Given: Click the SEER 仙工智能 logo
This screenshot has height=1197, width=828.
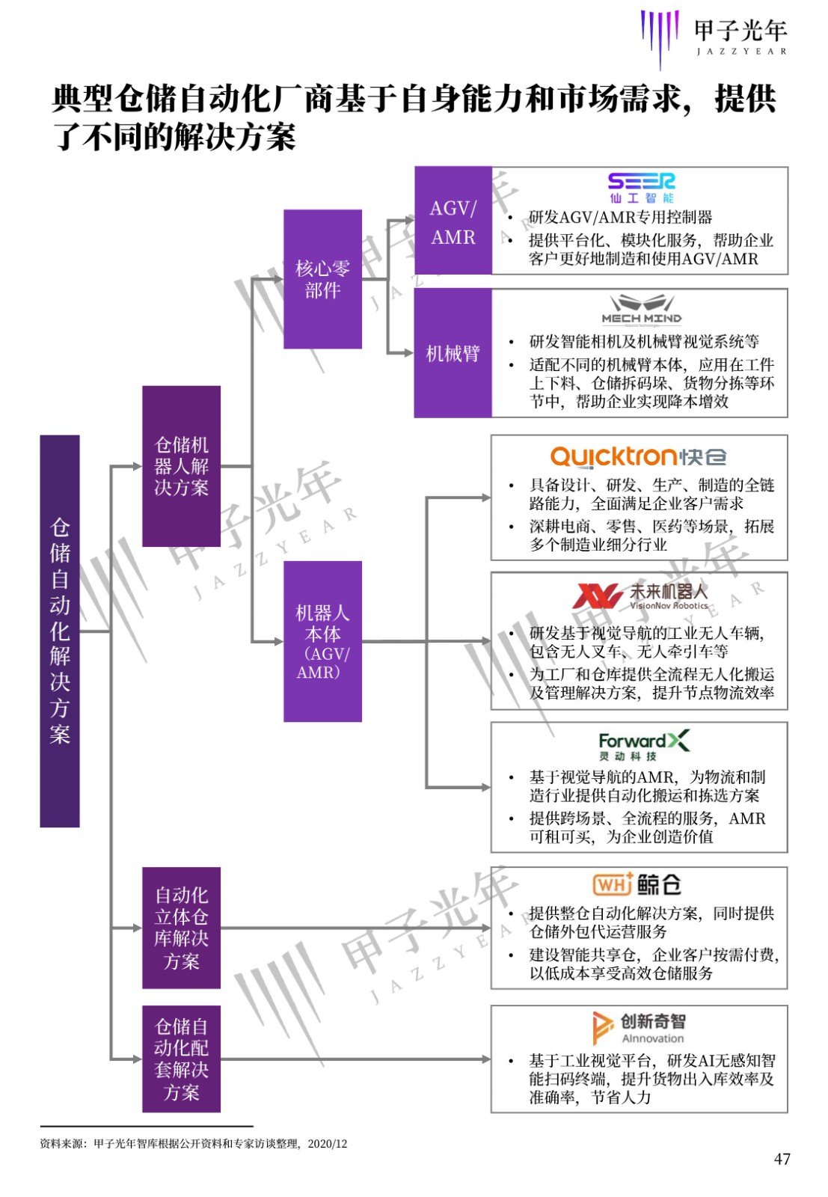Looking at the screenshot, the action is (x=641, y=188).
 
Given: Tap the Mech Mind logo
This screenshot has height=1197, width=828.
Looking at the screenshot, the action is (x=642, y=310).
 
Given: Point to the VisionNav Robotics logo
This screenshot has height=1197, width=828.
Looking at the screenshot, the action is (x=640, y=596).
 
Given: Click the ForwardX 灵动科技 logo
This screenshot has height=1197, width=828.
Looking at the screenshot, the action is (x=644, y=745).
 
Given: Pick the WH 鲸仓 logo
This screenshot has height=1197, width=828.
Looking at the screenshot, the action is (x=637, y=884).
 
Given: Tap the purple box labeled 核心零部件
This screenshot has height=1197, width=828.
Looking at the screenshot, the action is (x=322, y=279).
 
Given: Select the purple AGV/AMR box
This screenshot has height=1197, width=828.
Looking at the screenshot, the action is (x=453, y=221).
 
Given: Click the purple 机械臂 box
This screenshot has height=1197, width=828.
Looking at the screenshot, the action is (x=453, y=353).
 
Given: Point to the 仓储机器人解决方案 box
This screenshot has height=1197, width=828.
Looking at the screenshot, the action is (x=181, y=466).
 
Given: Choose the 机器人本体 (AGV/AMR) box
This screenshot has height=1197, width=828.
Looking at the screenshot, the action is (x=322, y=641).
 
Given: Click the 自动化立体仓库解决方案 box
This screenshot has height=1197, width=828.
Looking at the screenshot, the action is (x=181, y=928).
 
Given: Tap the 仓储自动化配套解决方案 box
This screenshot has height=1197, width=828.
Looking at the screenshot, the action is (x=181, y=1059).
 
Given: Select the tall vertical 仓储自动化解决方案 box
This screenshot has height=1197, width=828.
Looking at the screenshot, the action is (x=60, y=631).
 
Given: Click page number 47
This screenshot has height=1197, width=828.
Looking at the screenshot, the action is (x=782, y=1159).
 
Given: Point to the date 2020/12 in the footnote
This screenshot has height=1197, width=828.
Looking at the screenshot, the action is (x=328, y=1144).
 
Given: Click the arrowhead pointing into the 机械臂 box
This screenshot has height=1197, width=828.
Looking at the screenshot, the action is (x=409, y=353).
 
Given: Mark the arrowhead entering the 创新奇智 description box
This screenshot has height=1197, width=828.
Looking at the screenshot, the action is (x=485, y=1059).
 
